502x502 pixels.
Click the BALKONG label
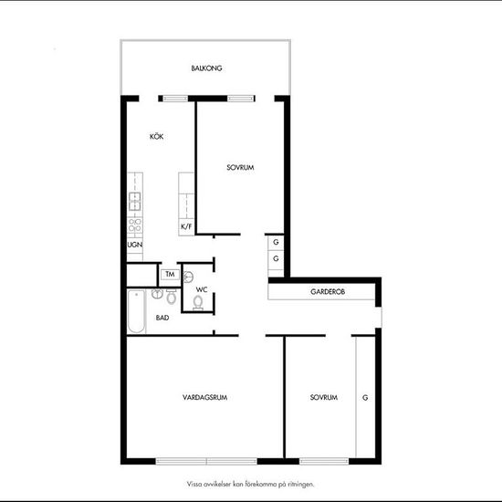[x=207, y=68]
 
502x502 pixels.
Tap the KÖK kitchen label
[x=157, y=137]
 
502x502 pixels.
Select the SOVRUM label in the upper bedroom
[x=239, y=168]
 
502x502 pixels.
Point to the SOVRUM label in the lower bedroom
[x=323, y=398]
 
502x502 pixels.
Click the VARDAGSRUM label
[x=204, y=398]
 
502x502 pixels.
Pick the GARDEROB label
[x=326, y=292]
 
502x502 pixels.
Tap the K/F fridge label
[x=186, y=225]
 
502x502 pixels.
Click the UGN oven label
[x=134, y=245]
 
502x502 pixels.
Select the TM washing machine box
[x=170, y=274]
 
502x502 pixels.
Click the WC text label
[x=202, y=289]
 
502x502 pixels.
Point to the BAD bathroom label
[x=162, y=318]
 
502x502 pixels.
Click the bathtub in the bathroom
[x=135, y=311]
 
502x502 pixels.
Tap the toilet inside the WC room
[x=198, y=302]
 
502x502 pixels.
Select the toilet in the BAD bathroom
[x=171, y=297]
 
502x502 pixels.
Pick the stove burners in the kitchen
[x=134, y=224]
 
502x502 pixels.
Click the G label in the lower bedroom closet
[x=365, y=398]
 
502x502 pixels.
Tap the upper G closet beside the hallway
[x=275, y=243]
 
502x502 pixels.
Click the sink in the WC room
[x=188, y=277]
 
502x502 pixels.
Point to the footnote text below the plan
[x=251, y=485]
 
